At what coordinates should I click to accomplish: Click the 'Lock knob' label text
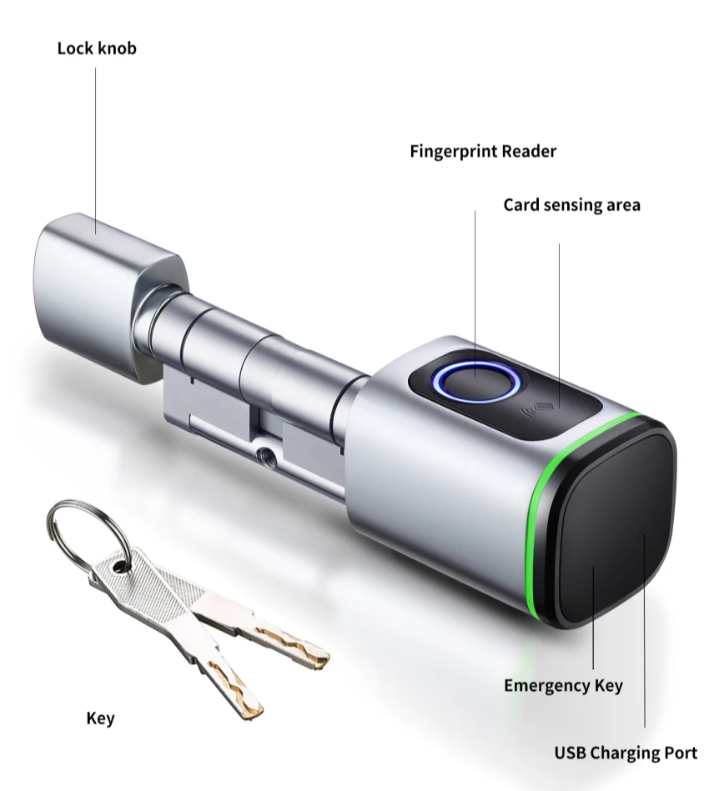pos(97,48)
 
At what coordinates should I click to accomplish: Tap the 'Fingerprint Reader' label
pos(483,152)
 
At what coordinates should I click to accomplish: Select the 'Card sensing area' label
pos(572,205)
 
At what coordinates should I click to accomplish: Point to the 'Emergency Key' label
pos(563,686)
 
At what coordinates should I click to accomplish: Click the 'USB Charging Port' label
pos(626,753)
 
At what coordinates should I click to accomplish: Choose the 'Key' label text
pos(101,718)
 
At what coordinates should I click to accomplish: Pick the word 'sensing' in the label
pos(576,205)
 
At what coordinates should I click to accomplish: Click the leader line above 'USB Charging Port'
pos(645,633)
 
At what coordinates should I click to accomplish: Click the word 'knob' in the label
pos(117,48)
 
